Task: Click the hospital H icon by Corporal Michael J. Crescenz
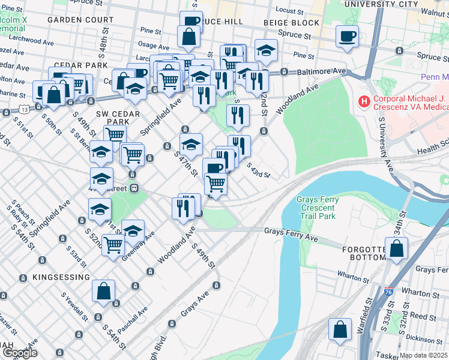click(364, 101)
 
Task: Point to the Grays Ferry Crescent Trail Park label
click(318, 208)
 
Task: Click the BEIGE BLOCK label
click(292, 23)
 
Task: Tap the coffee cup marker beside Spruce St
click(347, 37)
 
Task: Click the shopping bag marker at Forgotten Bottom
click(397, 248)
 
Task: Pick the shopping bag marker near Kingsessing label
click(104, 292)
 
